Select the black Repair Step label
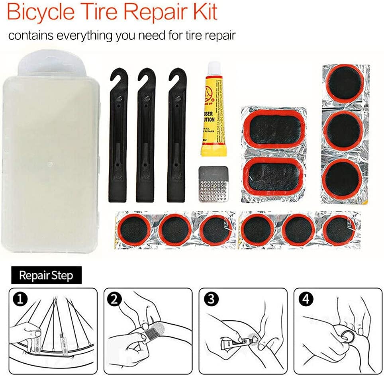tap(46, 275)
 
